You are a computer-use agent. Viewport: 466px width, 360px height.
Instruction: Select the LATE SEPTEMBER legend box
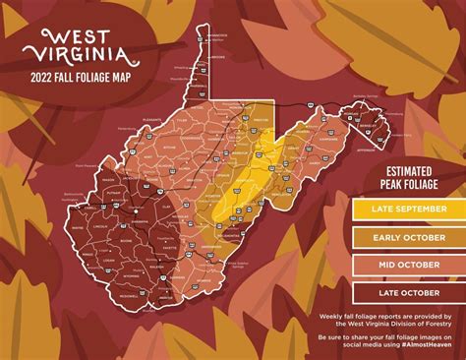[408, 209]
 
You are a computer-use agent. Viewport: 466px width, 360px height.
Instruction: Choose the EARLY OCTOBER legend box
[408, 236]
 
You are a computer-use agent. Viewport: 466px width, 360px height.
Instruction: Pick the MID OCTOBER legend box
[408, 264]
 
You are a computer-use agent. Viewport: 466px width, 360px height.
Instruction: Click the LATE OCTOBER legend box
[408, 291]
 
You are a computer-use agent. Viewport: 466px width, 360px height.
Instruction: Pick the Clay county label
[163, 204]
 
